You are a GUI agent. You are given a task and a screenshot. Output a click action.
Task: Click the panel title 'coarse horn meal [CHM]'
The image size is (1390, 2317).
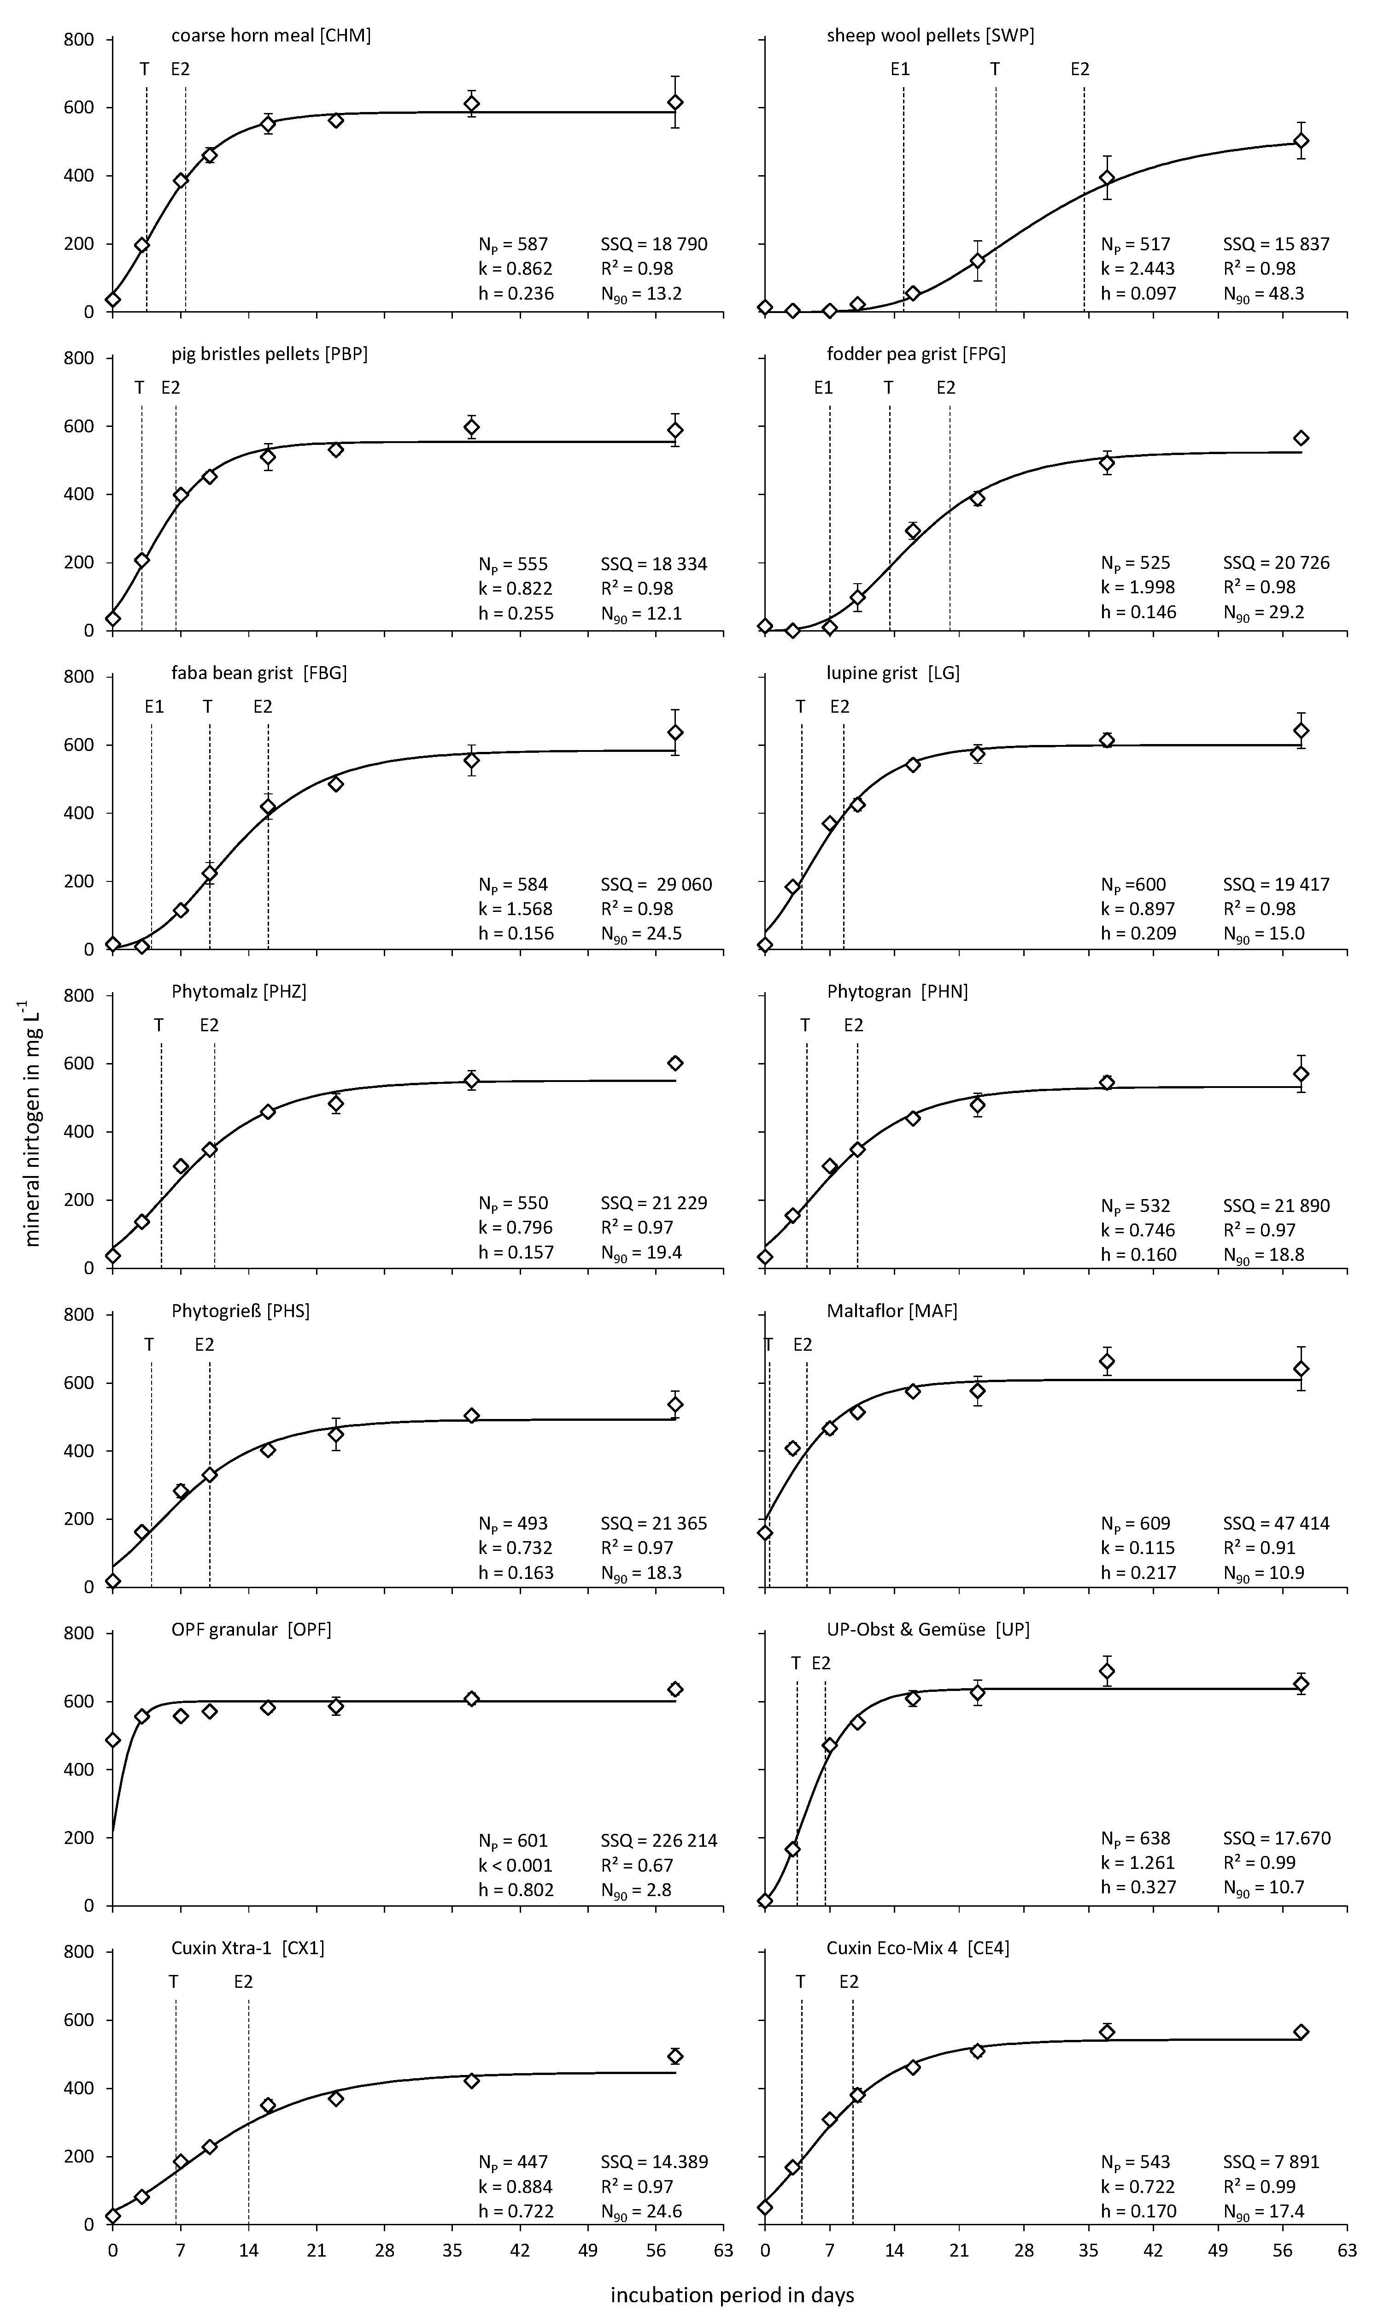(271, 35)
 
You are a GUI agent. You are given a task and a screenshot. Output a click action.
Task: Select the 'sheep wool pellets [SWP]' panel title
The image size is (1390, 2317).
(930, 35)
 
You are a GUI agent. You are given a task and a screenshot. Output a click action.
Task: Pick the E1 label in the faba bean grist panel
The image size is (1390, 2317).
(154, 706)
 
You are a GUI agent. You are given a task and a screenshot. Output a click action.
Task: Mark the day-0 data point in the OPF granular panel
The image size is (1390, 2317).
(113, 1740)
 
